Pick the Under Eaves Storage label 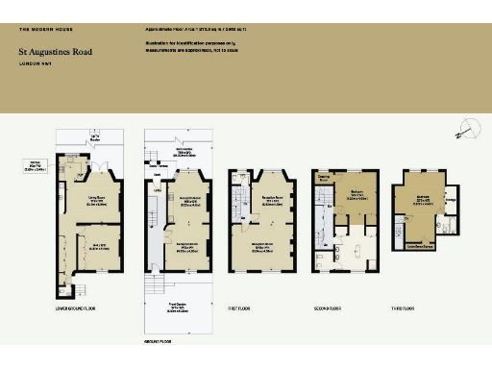pyautogui.click(x=424, y=245)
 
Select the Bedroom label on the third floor pyautogui.click(x=423, y=199)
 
